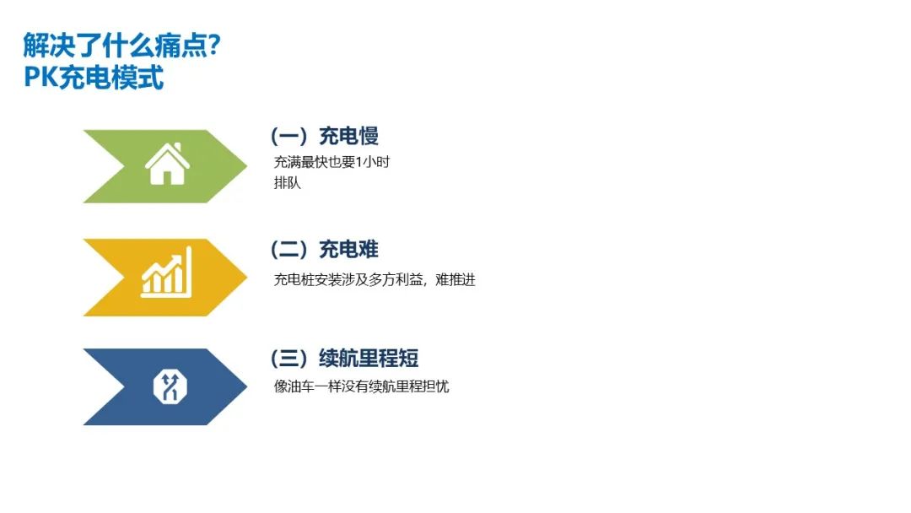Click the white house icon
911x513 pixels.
coord(167,164)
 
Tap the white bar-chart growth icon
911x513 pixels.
coord(166,273)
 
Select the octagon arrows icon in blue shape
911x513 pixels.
coord(169,386)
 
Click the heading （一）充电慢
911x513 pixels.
coord(324,136)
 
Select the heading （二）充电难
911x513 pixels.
coord(324,250)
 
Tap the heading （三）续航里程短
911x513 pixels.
coord(344,359)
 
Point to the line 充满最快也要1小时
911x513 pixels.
coord(332,163)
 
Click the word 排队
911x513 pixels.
coord(288,183)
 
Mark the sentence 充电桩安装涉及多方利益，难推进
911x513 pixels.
coord(375,279)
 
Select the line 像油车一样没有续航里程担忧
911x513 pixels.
coord(362,387)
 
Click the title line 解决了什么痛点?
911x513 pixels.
coord(122,45)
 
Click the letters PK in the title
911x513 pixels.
coord(39,78)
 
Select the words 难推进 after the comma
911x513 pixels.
coord(455,279)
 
